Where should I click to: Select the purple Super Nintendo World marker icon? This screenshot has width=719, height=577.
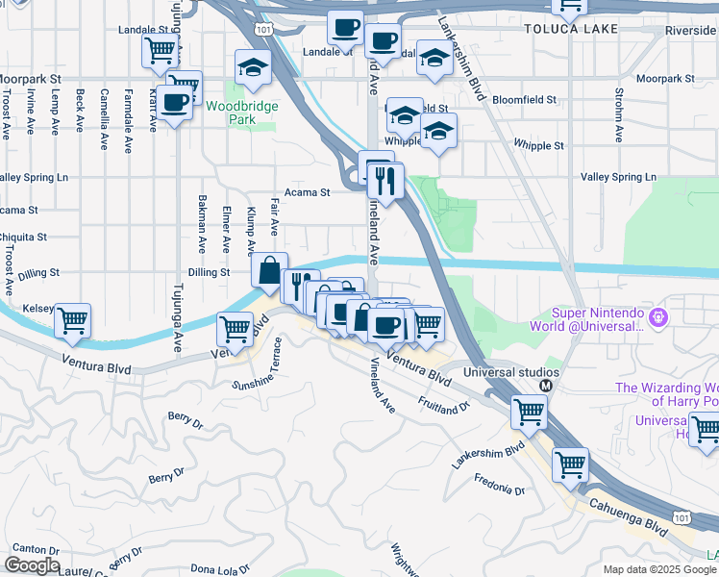click(x=658, y=316)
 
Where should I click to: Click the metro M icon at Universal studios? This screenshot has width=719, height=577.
click(x=546, y=386)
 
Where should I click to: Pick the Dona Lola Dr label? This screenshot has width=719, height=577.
click(x=220, y=568)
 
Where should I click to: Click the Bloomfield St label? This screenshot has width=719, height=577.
click(x=524, y=99)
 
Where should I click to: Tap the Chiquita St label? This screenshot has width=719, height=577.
click(x=23, y=237)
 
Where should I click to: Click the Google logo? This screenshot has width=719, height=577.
click(x=32, y=565)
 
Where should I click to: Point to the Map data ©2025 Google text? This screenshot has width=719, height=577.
click(x=659, y=569)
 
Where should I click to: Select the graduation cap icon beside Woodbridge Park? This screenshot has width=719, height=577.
click(x=253, y=67)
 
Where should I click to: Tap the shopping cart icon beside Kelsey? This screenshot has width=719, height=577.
click(x=73, y=321)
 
